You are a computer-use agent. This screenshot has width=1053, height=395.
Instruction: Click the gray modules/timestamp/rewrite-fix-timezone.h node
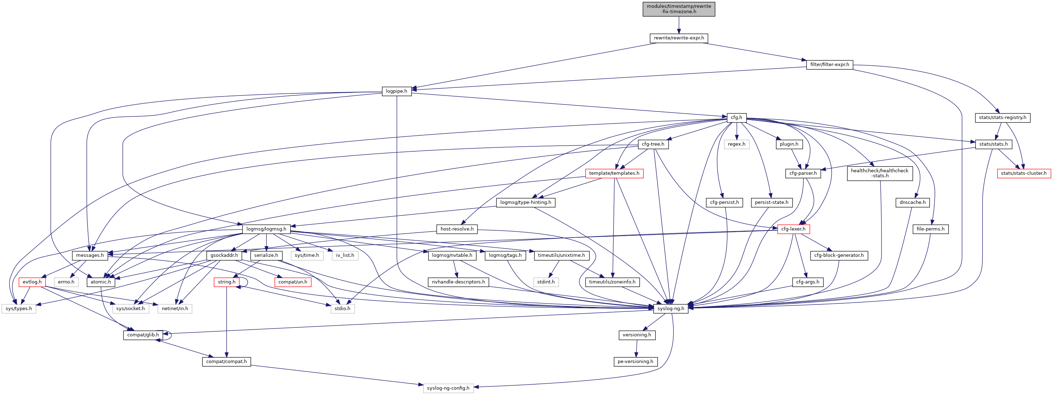[679, 9]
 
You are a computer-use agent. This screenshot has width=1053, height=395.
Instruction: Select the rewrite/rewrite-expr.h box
[679, 38]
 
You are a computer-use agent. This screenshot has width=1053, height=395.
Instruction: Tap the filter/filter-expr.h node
[829, 65]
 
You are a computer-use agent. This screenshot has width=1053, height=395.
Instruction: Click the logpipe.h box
[396, 91]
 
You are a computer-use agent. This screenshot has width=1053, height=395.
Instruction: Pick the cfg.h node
[736, 118]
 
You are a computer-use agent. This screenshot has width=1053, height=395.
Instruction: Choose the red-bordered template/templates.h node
[614, 173]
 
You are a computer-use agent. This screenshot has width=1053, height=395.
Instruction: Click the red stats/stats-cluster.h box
[1023, 173]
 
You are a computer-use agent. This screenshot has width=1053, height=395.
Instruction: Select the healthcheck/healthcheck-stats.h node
[879, 173]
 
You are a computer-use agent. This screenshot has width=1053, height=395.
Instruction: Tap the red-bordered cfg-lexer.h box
[793, 229]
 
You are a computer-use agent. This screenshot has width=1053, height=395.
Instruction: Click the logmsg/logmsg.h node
[266, 229]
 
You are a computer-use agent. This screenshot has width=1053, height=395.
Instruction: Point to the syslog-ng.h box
[670, 308]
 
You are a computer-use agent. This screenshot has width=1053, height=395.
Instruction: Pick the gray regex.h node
[736, 144]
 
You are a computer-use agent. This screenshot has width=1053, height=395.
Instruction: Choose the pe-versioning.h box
[635, 362]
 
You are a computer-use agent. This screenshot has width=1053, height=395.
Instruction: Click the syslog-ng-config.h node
[448, 388]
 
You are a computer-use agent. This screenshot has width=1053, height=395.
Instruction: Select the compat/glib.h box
[143, 335]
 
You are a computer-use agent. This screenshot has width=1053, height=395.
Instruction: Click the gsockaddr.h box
[224, 255]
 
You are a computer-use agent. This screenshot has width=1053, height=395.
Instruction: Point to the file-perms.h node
[930, 229]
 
